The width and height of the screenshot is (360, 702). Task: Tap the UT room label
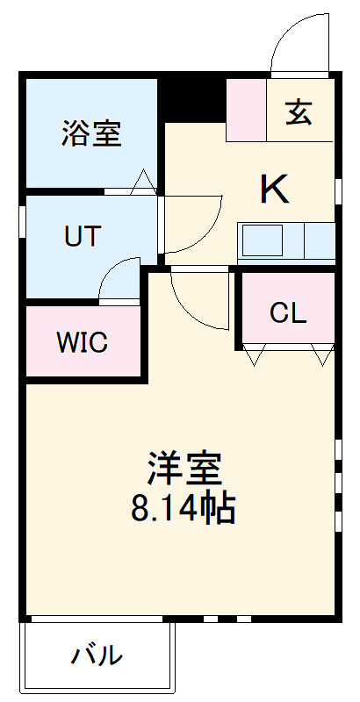(x=83, y=236)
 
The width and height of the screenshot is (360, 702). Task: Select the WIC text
(x=83, y=342)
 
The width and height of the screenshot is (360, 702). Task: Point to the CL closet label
(x=288, y=313)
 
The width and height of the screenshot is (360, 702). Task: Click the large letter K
(x=274, y=190)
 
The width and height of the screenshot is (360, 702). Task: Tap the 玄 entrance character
(x=299, y=112)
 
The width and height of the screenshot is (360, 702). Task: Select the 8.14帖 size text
(x=183, y=509)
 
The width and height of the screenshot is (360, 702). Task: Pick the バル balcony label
(x=97, y=655)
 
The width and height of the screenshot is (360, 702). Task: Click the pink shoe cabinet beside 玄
(x=245, y=110)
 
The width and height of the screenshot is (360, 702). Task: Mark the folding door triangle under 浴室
(x=143, y=182)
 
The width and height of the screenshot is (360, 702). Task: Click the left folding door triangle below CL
(x=254, y=356)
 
